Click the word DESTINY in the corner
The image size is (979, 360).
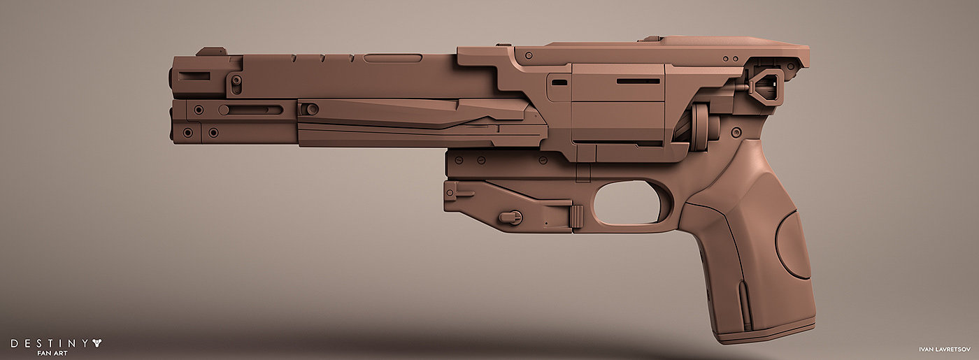47,343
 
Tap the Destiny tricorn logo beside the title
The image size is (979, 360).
97,343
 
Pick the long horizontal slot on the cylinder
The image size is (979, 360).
638,81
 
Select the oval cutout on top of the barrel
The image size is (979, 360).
392,58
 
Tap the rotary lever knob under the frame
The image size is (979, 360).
512,217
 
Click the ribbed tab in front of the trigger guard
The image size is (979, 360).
577,217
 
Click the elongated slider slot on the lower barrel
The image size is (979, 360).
251,110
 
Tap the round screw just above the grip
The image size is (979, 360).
736,131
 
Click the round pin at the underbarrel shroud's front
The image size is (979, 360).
311,109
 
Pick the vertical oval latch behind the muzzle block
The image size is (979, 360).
236,84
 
